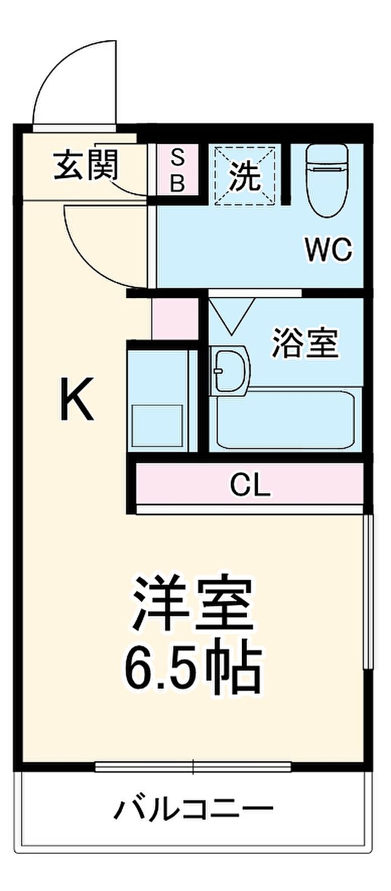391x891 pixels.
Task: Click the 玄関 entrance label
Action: (86, 165)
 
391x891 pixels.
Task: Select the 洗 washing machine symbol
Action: (245, 175)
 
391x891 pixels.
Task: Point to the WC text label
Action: (328, 250)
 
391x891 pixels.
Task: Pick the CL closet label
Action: (251, 486)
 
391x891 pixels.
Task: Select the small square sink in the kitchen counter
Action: (157, 425)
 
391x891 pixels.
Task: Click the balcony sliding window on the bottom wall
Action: (193, 767)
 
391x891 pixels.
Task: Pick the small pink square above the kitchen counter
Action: (175, 319)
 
